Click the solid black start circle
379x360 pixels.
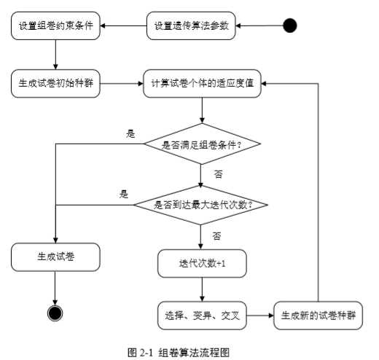click(290, 26)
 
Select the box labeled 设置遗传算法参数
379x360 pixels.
click(192, 26)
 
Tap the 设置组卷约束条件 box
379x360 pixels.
click(55, 26)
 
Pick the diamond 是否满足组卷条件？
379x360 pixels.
click(203, 144)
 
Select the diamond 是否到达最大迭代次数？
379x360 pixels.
click(203, 204)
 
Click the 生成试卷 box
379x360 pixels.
click(55, 257)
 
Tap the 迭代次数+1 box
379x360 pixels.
click(203, 264)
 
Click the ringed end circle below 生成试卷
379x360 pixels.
click(55, 313)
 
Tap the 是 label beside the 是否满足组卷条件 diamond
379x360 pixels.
click(131, 133)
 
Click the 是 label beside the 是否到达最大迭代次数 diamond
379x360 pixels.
click(124, 194)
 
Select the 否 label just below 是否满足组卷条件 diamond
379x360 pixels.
click(217, 174)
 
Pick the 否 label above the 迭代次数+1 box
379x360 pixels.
click(217, 236)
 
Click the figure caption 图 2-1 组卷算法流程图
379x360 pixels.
click(179, 351)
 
